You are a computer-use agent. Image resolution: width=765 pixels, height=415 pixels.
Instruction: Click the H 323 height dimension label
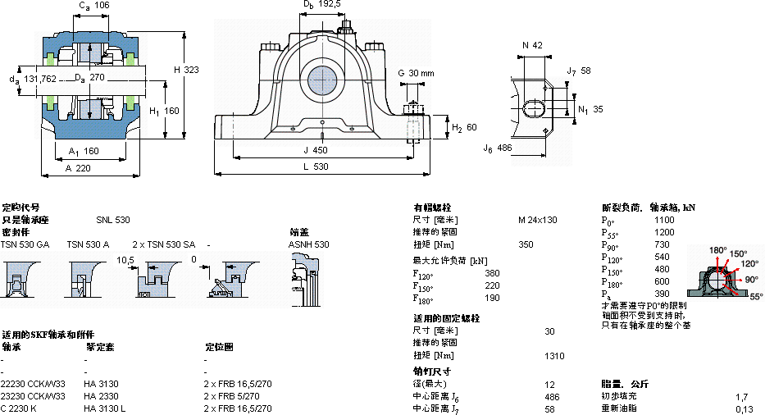[186, 71]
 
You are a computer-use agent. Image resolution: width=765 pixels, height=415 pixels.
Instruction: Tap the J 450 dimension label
[316, 150]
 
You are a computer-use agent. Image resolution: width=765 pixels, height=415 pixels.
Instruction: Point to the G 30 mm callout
[416, 73]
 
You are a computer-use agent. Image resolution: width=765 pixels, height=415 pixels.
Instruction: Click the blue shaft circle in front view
[324, 80]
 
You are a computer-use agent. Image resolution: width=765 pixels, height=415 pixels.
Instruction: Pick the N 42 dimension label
[532, 45]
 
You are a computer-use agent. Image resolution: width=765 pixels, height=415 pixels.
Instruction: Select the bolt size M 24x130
[537, 221]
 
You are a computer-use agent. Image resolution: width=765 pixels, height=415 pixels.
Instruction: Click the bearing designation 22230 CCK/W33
[34, 384]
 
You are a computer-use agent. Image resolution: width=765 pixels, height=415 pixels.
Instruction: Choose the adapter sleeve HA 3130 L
[105, 408]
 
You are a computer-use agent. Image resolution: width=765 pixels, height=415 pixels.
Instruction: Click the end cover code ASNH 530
[308, 244]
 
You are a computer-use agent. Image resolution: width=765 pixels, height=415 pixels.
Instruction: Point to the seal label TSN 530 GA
[25, 244]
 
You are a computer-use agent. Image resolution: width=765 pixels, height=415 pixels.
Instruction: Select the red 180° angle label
[718, 250]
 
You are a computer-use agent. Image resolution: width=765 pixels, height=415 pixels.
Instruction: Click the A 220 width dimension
[78, 168]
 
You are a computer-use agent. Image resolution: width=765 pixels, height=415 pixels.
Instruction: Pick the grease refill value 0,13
[744, 408]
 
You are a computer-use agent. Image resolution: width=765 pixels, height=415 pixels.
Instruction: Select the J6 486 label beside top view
[498, 148]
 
